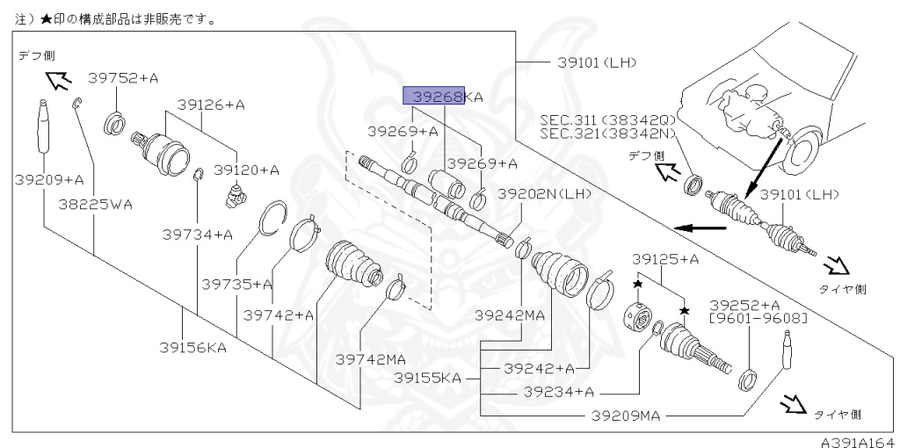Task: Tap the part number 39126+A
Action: tap(210, 105)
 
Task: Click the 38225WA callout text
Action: tap(96, 206)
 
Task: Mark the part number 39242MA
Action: tap(510, 314)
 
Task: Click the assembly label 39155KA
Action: tap(427, 379)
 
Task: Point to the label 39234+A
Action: tap(559, 392)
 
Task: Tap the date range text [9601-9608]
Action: tap(747, 318)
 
